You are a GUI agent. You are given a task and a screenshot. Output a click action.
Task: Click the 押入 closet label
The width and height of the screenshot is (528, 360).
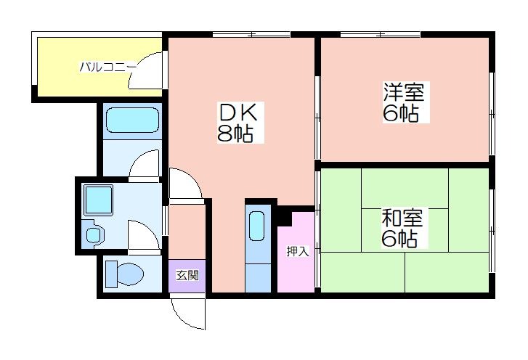(297, 252)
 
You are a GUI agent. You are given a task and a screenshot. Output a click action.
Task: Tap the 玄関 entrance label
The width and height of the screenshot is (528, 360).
(187, 275)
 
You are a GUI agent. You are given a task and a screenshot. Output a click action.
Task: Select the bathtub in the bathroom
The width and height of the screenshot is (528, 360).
(131, 121)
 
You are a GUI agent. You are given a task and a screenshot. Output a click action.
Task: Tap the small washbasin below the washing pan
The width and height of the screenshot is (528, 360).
(94, 234)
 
